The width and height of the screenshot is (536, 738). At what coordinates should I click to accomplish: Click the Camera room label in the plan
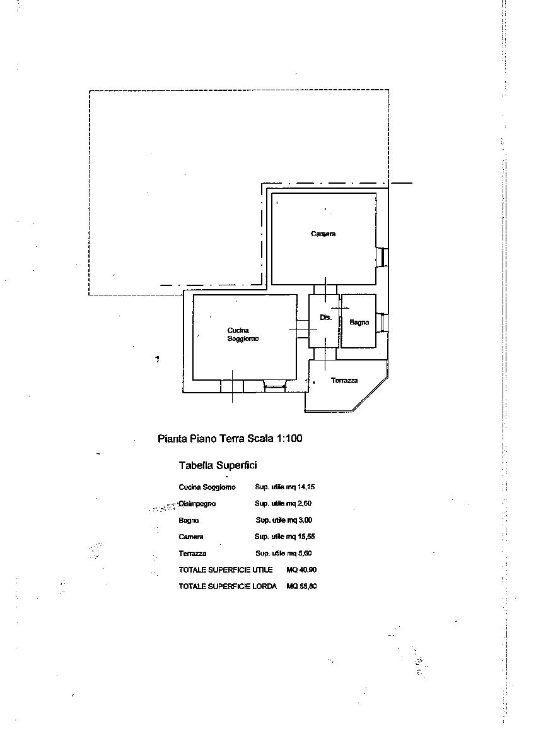(323, 234)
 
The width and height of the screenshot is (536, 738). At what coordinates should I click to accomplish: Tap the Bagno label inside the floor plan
(359, 323)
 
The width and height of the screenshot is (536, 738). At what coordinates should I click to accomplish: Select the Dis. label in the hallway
(326, 318)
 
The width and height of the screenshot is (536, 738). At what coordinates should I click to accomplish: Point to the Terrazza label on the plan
(344, 380)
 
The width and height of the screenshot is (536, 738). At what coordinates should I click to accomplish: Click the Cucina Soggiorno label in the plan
(243, 334)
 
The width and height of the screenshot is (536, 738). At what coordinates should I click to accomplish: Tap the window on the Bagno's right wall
(383, 323)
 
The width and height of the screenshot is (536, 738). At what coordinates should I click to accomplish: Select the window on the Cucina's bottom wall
(274, 386)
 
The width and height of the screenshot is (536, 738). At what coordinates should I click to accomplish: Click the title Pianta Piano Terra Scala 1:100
(230, 439)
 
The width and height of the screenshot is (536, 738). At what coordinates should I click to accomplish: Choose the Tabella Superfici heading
(218, 465)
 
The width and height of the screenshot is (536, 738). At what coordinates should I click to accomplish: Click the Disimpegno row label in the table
(197, 504)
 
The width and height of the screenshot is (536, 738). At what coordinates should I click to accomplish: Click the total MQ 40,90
(301, 570)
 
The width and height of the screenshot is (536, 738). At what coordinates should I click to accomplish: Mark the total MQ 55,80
(301, 586)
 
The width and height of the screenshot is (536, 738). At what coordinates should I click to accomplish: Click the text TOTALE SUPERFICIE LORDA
(228, 586)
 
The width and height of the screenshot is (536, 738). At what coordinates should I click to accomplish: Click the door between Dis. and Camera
(325, 290)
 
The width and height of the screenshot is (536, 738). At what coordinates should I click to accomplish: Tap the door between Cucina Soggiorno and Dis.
(303, 329)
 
